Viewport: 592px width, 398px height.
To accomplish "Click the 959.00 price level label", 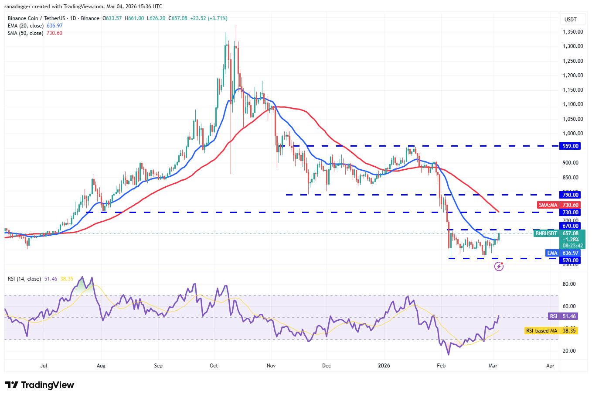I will pos(570,146).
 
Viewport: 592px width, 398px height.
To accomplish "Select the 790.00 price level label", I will pos(570,195).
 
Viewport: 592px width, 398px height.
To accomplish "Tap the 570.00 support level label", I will pos(570,261).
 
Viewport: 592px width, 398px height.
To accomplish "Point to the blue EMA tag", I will pos(552,253).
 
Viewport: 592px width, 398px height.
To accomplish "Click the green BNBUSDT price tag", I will pos(546,233).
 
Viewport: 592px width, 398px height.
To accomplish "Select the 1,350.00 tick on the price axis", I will pos(573,32).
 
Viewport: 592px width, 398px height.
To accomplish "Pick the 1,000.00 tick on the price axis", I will pos(573,134).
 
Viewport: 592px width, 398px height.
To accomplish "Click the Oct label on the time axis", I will pos(214,366).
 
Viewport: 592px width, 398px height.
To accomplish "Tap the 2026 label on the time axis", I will pos(384,366).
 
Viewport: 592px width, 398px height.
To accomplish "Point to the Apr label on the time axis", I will pos(550,366).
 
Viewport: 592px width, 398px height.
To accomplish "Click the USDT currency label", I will pos(571,19).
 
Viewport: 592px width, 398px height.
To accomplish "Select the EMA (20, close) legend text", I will pos(25,26).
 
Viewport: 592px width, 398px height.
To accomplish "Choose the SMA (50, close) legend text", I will pos(25,33).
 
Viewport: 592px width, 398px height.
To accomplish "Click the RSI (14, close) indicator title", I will pos(24,278).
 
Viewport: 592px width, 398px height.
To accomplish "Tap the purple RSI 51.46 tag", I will pos(553,316).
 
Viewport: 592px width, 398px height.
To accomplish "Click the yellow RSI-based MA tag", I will pos(541,331).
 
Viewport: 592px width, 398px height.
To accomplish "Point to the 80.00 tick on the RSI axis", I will pos(569,284).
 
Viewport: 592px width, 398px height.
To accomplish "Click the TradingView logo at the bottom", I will pos(40,385).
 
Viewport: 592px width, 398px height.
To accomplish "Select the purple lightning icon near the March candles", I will pos(499,266).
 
